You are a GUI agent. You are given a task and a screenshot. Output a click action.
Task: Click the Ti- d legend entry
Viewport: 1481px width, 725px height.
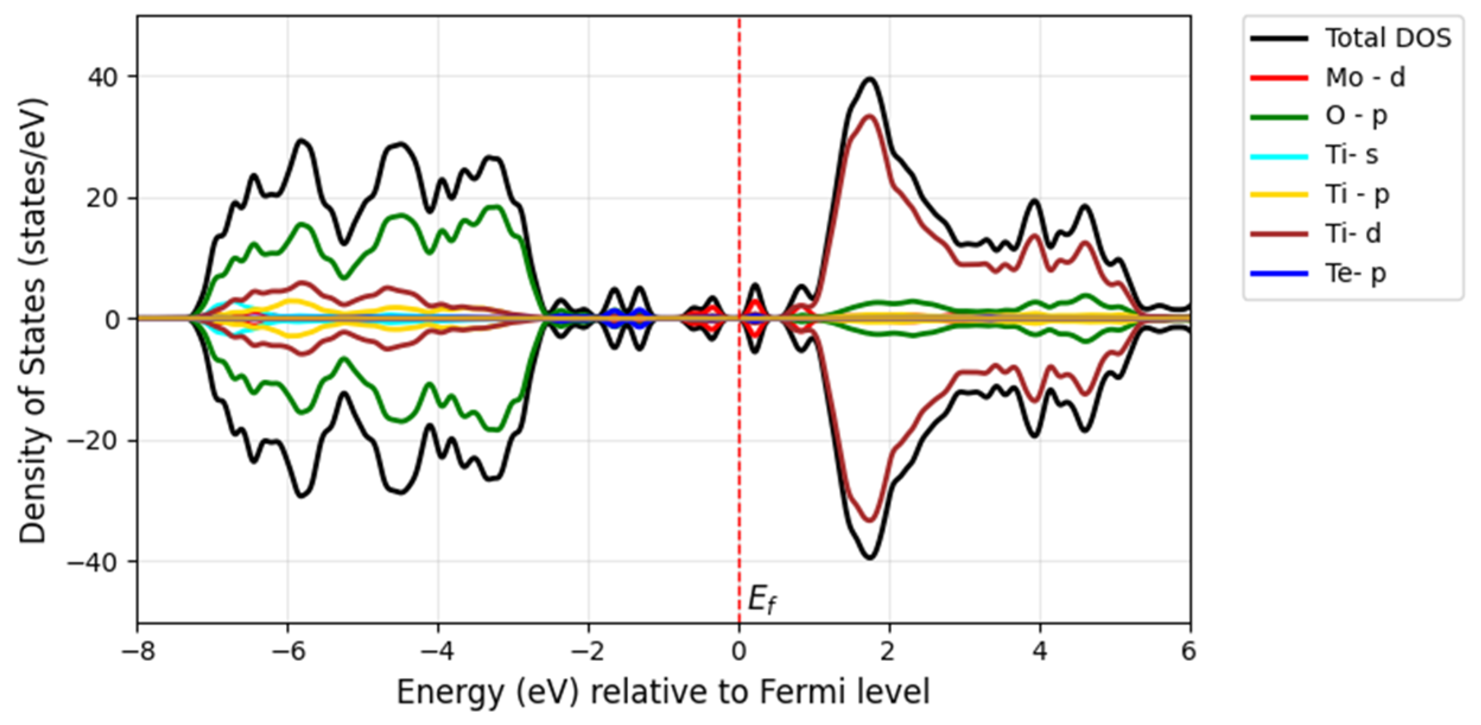[x=1353, y=234]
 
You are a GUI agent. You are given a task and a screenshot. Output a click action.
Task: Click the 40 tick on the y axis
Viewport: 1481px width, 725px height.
[x=104, y=77]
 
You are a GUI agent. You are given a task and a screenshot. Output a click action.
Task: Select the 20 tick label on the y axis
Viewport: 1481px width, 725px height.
[x=104, y=198]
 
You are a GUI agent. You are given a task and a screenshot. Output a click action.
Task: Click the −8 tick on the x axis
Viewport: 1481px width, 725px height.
[x=138, y=651]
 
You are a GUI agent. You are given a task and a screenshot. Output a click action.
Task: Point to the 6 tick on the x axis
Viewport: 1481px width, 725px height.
[x=1188, y=651]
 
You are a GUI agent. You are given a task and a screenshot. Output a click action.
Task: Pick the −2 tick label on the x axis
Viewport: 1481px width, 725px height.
[x=588, y=651]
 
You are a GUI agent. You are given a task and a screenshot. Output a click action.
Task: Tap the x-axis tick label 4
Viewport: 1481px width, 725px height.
[x=1040, y=651]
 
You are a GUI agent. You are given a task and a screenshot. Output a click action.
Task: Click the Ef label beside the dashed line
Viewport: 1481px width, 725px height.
[x=762, y=599]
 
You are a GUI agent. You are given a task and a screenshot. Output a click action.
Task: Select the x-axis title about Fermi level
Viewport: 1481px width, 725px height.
[x=663, y=692]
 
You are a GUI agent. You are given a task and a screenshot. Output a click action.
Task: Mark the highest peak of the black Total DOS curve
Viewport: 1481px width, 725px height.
[x=870, y=78]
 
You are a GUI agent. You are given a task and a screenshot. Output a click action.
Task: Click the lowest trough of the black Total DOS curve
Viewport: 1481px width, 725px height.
[x=870, y=558]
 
